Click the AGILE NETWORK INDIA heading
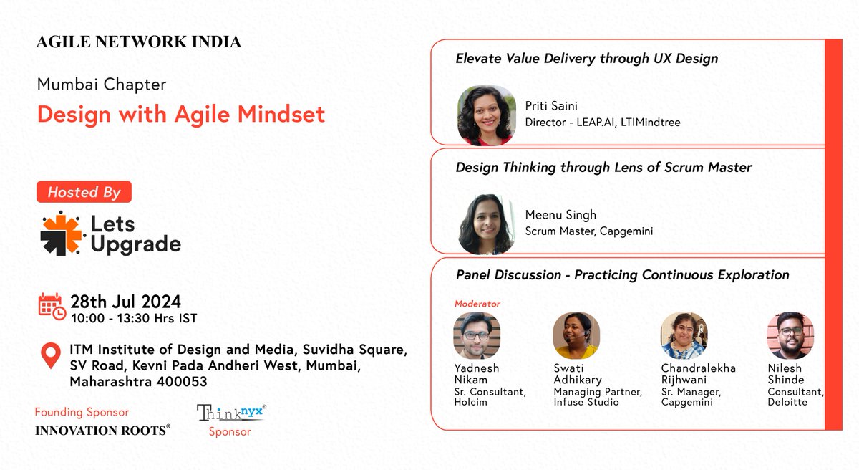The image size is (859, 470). coord(138,42)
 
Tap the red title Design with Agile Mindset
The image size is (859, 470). coord(181,114)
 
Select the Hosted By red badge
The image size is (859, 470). coord(84,192)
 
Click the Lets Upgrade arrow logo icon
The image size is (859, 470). coord(62,234)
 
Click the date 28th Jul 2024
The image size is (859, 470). coord(125,302)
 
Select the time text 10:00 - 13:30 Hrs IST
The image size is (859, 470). coord(133,318)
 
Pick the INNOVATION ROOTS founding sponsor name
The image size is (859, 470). coord(102,430)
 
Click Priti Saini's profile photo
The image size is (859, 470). coord(487,115)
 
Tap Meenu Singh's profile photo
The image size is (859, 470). coord(487,224)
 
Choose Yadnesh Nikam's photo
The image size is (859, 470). coord(477,335)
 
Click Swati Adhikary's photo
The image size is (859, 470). coord(576,335)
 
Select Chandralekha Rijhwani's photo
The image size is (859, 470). coord(684,335)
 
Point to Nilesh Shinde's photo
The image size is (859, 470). coord(790,335)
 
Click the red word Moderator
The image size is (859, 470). coord(477,304)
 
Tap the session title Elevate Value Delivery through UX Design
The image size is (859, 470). coord(586,59)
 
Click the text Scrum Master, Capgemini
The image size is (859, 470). coord(588,231)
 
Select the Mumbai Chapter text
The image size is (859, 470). coord(102,85)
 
